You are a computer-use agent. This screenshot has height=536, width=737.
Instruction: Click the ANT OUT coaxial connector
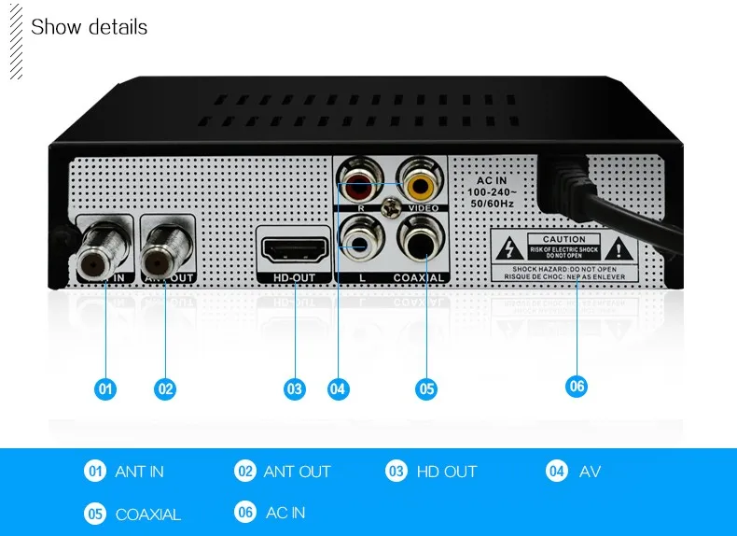(165, 251)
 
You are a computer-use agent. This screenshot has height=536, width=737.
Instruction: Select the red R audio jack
(357, 176)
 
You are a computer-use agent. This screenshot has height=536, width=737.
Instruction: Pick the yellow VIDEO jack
(416, 176)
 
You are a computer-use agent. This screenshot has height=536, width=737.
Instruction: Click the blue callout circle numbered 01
(105, 388)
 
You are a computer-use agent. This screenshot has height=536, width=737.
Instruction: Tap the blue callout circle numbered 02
(165, 388)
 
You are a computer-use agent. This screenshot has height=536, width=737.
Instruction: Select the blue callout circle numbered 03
(295, 388)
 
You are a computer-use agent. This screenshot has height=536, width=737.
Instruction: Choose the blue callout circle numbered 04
(339, 388)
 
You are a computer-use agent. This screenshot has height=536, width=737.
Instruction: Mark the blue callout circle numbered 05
(426, 388)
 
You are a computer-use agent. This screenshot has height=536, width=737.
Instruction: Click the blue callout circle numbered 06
(577, 385)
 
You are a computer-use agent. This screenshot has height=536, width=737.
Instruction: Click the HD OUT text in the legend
(446, 472)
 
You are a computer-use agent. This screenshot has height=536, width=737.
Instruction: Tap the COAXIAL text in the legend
(147, 515)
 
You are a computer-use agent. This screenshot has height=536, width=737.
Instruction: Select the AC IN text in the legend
(285, 513)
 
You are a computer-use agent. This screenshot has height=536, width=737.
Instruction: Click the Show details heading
(89, 26)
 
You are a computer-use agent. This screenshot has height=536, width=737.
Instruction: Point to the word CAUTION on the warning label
(563, 240)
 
